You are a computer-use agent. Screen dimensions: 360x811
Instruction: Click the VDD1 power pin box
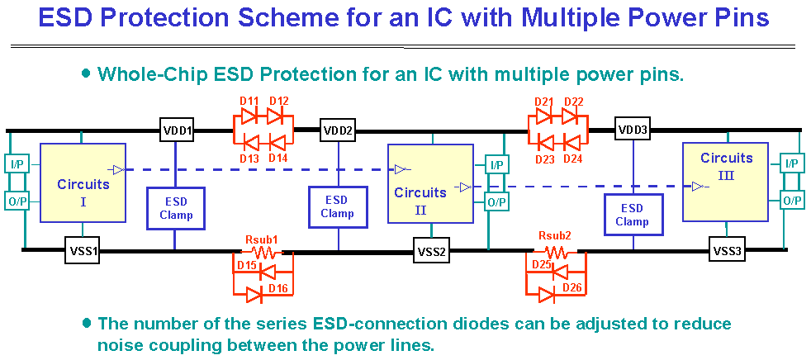point(177,130)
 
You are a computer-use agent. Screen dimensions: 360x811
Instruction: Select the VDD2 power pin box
point(337,130)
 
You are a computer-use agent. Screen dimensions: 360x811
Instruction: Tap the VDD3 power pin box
point(633,130)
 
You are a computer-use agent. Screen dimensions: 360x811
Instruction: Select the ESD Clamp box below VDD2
point(337,206)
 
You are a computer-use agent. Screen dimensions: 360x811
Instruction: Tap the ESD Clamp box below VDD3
point(632,215)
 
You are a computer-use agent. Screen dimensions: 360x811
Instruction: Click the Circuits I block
point(83,183)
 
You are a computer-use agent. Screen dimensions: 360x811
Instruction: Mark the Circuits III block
point(727,181)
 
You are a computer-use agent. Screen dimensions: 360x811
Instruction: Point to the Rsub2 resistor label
point(555,235)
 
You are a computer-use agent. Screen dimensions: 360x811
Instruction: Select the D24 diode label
point(573,159)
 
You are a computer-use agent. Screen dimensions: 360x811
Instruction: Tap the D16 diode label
point(277,288)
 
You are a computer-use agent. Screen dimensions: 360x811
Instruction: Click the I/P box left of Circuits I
point(17,164)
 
